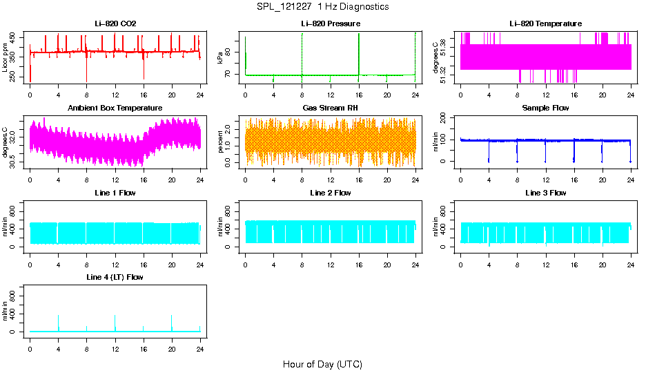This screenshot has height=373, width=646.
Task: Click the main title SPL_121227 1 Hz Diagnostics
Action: click(x=322, y=7)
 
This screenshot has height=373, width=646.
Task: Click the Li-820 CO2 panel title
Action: click(x=115, y=24)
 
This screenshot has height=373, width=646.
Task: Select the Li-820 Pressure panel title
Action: click(x=331, y=24)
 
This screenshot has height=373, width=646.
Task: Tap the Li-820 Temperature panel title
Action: click(x=545, y=24)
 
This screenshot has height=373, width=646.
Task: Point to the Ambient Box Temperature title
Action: click(x=115, y=108)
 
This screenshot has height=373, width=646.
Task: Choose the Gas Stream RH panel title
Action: click(x=331, y=108)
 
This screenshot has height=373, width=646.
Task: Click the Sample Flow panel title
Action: click(x=545, y=108)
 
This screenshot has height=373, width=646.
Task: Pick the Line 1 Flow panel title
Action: click(x=115, y=193)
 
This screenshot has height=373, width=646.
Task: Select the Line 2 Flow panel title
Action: click(x=331, y=193)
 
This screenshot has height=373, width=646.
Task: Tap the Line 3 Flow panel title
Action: click(x=545, y=193)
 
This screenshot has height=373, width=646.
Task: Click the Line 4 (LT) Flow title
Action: click(x=115, y=277)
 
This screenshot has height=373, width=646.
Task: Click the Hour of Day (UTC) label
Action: click(x=322, y=364)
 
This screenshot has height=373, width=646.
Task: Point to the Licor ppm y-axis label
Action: click(x=6, y=58)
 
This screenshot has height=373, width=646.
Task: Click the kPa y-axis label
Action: click(x=221, y=58)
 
